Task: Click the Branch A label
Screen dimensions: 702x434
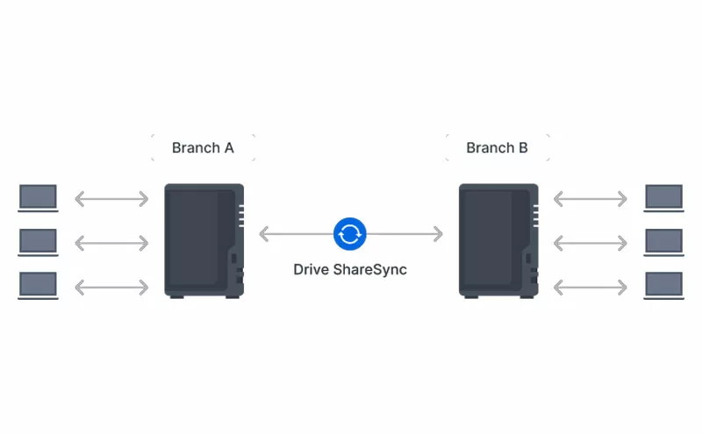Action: tap(203, 147)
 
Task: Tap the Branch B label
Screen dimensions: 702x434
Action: tap(497, 147)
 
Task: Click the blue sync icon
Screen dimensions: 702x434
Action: tap(349, 234)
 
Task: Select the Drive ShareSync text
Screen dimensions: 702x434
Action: tap(350, 269)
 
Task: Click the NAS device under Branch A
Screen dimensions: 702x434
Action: tap(204, 241)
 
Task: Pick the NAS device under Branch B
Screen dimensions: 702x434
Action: tap(498, 241)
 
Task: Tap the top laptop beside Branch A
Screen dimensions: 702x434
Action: tap(38, 198)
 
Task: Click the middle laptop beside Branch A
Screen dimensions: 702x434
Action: tap(38, 242)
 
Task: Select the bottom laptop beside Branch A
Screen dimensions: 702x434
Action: tap(38, 286)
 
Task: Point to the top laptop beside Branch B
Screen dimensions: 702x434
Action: tap(664, 198)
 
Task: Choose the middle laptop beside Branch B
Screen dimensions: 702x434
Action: tap(664, 242)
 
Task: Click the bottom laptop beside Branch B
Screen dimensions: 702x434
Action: tap(664, 286)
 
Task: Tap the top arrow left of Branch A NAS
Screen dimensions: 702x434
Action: tap(111, 199)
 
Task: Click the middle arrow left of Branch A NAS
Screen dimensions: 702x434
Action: tap(111, 243)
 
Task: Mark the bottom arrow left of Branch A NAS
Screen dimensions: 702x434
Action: tap(111, 288)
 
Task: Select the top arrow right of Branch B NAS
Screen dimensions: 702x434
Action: tap(590, 199)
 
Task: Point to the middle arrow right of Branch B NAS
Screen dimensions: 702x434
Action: tap(590, 243)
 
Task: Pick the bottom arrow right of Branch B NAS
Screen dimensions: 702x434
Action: tap(590, 288)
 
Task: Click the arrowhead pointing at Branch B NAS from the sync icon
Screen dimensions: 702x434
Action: tap(439, 234)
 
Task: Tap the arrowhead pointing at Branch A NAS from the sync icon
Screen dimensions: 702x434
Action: tap(264, 234)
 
